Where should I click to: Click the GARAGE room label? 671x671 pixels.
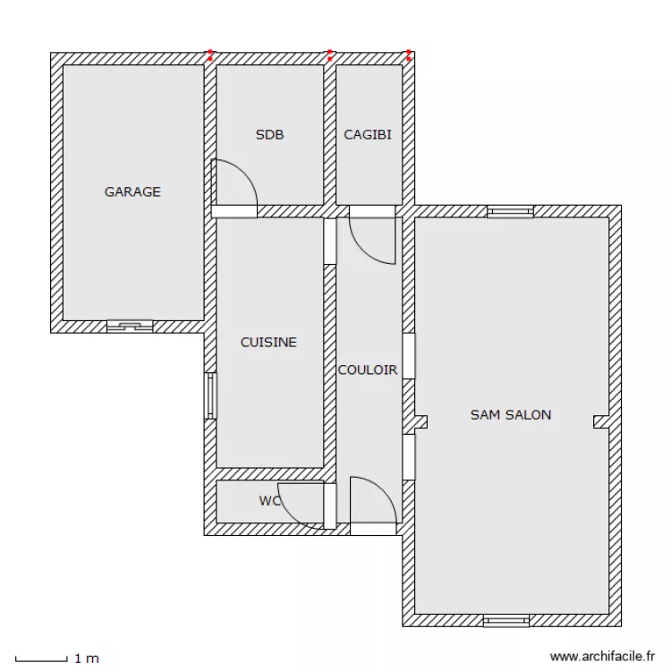coord(132,191)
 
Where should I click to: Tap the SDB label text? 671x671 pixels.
coord(269,135)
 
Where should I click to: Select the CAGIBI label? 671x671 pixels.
coord(368,135)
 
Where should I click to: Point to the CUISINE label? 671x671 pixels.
coord(268,343)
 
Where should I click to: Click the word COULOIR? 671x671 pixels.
coord(368,369)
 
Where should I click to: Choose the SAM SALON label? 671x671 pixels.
coord(511,414)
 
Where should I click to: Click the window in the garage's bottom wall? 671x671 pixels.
coord(130,327)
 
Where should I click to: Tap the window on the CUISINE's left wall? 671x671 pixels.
coord(211,395)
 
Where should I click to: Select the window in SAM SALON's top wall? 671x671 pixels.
coord(510,212)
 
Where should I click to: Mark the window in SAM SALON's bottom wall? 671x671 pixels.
coord(506,620)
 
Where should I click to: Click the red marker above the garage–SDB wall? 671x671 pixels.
coord(210,55)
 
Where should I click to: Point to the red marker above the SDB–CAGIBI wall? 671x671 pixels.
coord(329,55)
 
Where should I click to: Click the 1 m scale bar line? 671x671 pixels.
coord(41,660)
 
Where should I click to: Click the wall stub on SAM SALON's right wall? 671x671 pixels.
coord(601,421)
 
